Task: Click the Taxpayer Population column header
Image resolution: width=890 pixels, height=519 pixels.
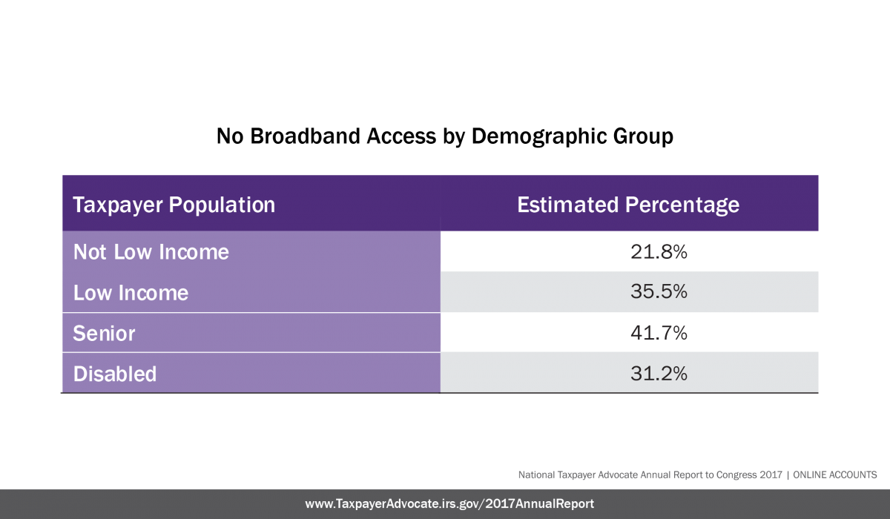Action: pyautogui.click(x=174, y=204)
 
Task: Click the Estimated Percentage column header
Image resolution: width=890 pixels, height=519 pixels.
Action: pyautogui.click(x=628, y=204)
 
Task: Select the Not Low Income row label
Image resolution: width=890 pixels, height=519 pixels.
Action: pyautogui.click(x=151, y=252)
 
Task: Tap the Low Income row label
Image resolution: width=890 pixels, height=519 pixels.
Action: pyautogui.click(x=131, y=293)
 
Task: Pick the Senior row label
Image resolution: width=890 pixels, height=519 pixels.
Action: pyautogui.click(x=105, y=334)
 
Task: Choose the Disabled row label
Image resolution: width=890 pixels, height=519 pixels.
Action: pyautogui.click(x=115, y=374)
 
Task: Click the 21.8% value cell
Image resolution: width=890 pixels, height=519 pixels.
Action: pyautogui.click(x=659, y=252)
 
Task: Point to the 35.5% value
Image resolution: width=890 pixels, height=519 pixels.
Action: pyautogui.click(x=659, y=292)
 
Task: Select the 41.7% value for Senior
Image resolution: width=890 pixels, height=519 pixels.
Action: pyautogui.click(x=659, y=334)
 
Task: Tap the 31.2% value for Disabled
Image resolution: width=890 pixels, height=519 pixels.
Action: pyautogui.click(x=659, y=374)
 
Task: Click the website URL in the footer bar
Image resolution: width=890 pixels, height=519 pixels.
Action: pyautogui.click(x=449, y=503)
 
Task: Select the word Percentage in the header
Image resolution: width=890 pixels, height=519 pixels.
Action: pyautogui.click(x=684, y=204)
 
